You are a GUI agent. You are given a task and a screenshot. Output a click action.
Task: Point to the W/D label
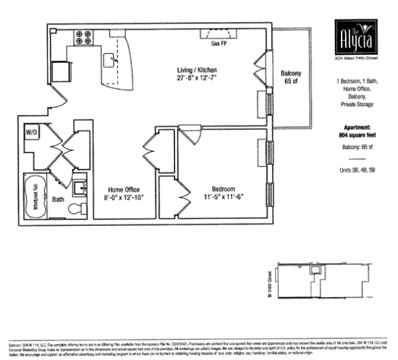32,133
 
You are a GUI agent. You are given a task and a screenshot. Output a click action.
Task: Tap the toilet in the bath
76,209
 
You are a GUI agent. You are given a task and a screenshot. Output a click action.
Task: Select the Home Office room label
123,189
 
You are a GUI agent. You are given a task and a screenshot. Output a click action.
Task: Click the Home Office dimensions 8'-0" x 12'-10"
123,197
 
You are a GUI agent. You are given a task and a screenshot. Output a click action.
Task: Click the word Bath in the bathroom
58,198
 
